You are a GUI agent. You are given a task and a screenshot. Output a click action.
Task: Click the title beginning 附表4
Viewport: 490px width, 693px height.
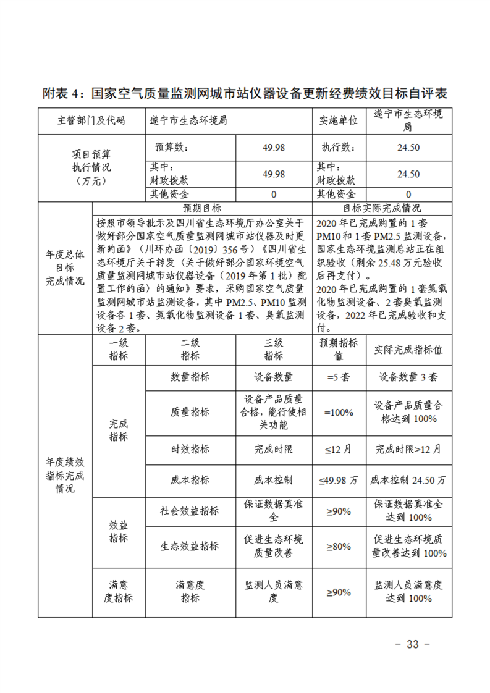pos(245,94)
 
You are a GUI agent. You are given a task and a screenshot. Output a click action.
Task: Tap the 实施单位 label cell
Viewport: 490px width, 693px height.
pos(337,120)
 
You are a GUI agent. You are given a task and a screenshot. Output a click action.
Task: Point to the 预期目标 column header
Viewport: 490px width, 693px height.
pos(202,209)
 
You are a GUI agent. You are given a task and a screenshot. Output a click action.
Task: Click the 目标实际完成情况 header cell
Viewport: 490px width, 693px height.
pos(381,209)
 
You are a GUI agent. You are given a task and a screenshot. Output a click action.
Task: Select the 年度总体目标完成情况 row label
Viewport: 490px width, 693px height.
pos(65,269)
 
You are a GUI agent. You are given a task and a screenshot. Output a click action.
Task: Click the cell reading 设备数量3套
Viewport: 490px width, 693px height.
pos(408,377)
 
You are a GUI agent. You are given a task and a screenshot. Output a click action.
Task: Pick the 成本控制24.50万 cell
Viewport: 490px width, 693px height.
pos(408,479)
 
